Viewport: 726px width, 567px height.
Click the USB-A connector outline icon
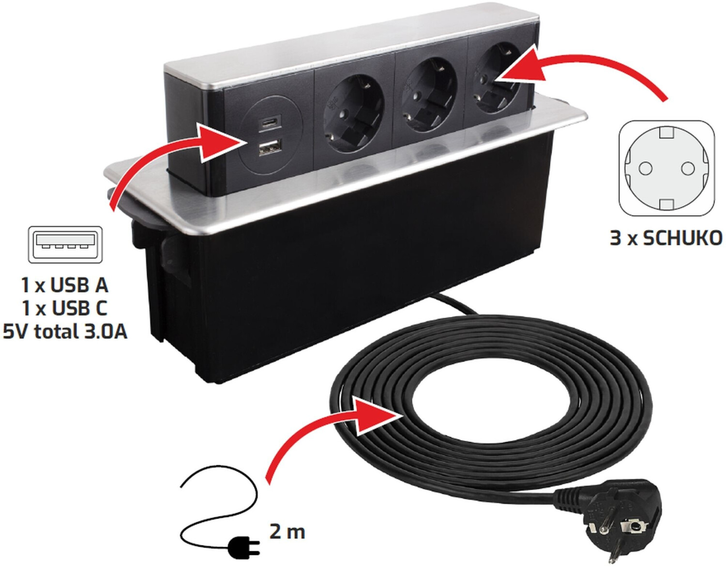(65, 244)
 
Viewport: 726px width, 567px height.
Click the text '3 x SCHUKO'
(666, 238)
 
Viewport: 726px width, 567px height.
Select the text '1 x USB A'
(65, 285)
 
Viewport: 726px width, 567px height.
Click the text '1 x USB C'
(65, 308)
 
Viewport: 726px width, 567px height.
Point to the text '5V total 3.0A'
(65, 331)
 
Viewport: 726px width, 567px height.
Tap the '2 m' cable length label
(287, 532)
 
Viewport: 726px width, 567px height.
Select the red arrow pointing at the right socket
(571, 73)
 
